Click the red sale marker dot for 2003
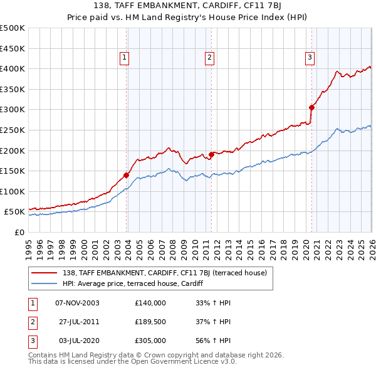(x=126, y=176)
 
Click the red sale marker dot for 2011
(x=211, y=155)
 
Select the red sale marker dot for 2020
(x=311, y=108)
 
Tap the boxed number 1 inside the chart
(x=124, y=58)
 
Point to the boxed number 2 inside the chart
(x=209, y=58)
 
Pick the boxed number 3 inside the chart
(x=310, y=58)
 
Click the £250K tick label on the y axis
(x=13, y=130)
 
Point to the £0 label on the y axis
(x=19, y=233)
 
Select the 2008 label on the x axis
(x=173, y=250)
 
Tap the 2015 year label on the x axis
(x=250, y=250)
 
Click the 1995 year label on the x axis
(x=29, y=250)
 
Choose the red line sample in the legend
(x=44, y=273)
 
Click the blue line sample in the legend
(x=44, y=283)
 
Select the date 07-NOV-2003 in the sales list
(x=77, y=303)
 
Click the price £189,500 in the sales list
(x=150, y=322)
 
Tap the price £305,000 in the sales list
(x=150, y=341)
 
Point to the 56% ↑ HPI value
(x=213, y=341)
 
